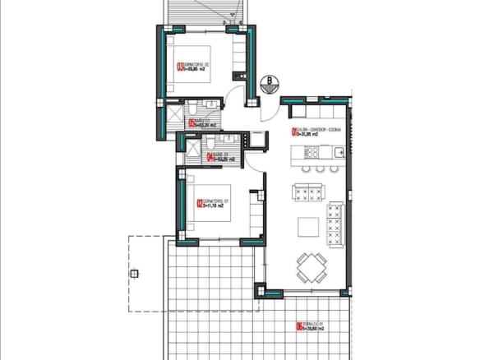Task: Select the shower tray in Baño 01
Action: click(x=192, y=148)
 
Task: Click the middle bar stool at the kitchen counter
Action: click(x=319, y=169)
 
